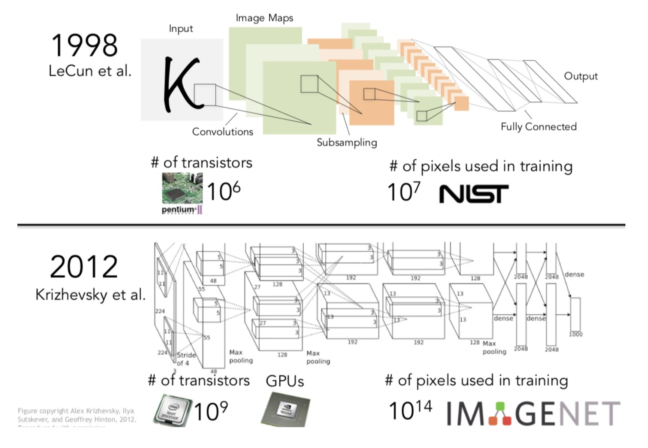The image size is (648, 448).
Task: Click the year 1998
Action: pos(84,46)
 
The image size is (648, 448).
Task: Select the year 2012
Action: pos(84,267)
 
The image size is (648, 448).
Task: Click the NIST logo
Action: pos(473,194)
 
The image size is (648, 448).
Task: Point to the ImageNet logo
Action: pos(533,413)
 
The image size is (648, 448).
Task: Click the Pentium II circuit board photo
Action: pos(182,188)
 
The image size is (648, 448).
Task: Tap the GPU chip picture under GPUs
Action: pos(285,409)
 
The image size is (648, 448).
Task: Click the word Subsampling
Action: pos(347,142)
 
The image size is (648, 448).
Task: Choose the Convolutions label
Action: pos(222,132)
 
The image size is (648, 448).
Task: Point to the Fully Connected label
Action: pos(539,127)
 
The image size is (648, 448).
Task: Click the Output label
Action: pos(581,76)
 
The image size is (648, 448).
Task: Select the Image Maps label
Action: pos(264,18)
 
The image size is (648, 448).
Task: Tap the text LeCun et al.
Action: pos(90,71)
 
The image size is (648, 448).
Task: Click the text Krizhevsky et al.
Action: pos(90,295)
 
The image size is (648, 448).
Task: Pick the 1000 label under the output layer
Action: pos(575,334)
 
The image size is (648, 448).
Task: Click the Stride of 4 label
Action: pos(186,359)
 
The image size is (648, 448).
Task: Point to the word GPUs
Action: pos(284,381)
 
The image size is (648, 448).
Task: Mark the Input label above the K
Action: pos(181,29)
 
